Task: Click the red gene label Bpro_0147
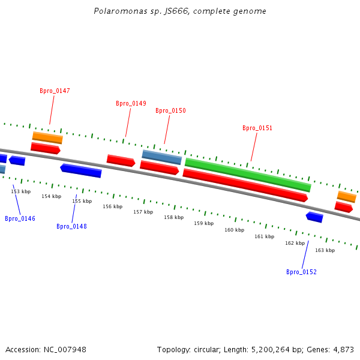click(55, 91)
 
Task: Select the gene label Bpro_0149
click(131, 104)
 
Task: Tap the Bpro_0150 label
click(170, 111)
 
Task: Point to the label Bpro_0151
click(257, 128)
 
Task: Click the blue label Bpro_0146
click(20, 219)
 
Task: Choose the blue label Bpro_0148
click(71, 227)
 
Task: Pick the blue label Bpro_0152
click(301, 272)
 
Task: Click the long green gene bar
click(248, 175)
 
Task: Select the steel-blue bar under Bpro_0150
click(161, 157)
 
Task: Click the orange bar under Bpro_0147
click(47, 138)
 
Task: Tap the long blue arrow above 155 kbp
click(81, 171)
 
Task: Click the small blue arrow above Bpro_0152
click(314, 217)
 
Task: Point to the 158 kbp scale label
click(173, 217)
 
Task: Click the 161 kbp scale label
click(264, 237)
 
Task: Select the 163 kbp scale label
click(325, 250)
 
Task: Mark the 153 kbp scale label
click(20, 192)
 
